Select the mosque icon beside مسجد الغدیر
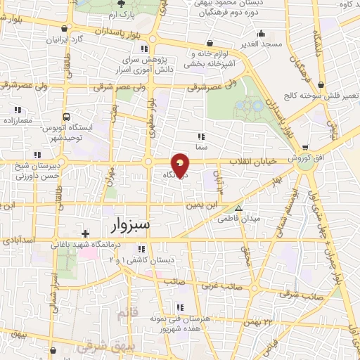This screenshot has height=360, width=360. (262, 32)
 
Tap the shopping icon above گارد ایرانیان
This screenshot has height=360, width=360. (65, 28)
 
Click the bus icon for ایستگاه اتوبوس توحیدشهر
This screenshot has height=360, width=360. (65, 117)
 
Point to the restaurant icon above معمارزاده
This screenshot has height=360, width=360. (18, 110)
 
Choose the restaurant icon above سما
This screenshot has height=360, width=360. (201, 136)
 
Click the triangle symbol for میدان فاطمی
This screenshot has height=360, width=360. (239, 208)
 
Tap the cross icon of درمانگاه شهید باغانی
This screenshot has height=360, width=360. (85, 233)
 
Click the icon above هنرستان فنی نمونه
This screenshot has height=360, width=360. (181, 307)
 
